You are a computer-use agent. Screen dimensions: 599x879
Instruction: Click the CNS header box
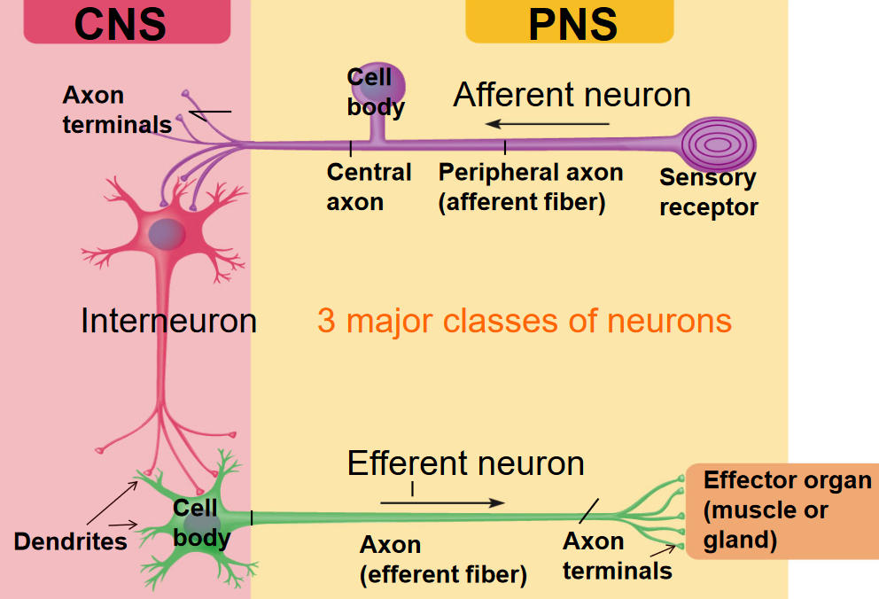[x=126, y=22]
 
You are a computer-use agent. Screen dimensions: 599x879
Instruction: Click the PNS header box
[x=569, y=22]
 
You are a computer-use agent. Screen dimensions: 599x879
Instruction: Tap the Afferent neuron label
[x=572, y=95]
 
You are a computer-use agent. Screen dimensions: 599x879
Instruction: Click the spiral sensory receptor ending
[x=719, y=141]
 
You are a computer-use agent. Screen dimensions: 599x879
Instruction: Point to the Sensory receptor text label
[x=708, y=192]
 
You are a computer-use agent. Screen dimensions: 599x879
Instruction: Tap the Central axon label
[x=369, y=186]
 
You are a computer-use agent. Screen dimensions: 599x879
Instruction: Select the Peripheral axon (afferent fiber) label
[x=530, y=186]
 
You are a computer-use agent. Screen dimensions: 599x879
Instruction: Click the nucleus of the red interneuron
[x=166, y=234]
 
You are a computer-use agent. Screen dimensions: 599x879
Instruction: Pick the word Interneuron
[x=168, y=321]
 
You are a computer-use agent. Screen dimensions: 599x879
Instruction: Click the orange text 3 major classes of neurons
[x=525, y=320]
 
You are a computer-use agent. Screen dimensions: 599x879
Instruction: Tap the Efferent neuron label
[x=465, y=463]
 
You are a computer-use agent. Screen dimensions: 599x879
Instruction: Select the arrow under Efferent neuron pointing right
[x=442, y=502]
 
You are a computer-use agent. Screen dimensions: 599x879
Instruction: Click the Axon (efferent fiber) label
[x=443, y=559]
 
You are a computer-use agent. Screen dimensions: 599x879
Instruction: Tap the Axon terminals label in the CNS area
[x=117, y=110]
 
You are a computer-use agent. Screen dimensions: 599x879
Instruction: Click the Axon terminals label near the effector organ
[x=618, y=556]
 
